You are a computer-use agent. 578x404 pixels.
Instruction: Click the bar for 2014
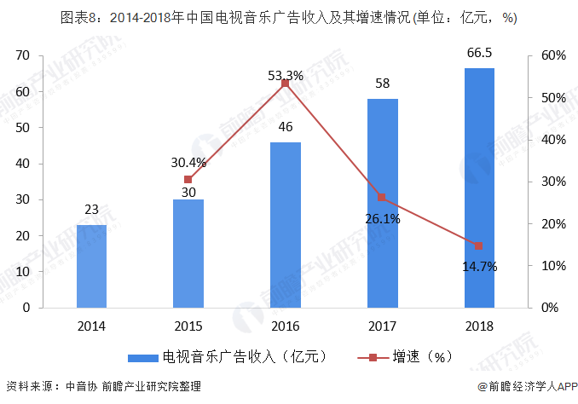[x=91, y=266]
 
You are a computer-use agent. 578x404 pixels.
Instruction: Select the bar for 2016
[x=285, y=224]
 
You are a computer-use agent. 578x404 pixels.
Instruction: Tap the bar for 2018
[x=479, y=188]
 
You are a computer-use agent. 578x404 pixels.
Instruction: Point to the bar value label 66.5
[x=479, y=54]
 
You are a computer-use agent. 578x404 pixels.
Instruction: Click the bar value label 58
[x=382, y=84]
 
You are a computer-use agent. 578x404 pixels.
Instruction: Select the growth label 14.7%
[x=478, y=266]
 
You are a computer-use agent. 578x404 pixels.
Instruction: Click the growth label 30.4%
[x=188, y=162]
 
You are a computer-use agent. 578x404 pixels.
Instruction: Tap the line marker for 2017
[x=382, y=198]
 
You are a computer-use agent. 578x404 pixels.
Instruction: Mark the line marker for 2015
[x=188, y=179]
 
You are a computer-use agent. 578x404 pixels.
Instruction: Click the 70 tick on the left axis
[x=23, y=55]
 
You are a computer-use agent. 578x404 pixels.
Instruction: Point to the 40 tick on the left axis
[x=23, y=164]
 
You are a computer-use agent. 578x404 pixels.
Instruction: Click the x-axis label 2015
[x=188, y=326]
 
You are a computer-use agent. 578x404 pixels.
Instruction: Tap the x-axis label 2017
[x=382, y=326]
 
